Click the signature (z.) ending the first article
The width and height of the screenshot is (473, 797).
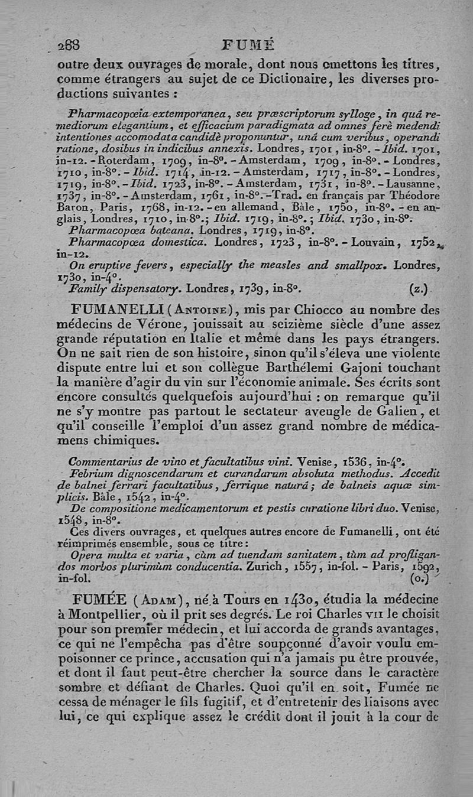click(419, 289)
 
